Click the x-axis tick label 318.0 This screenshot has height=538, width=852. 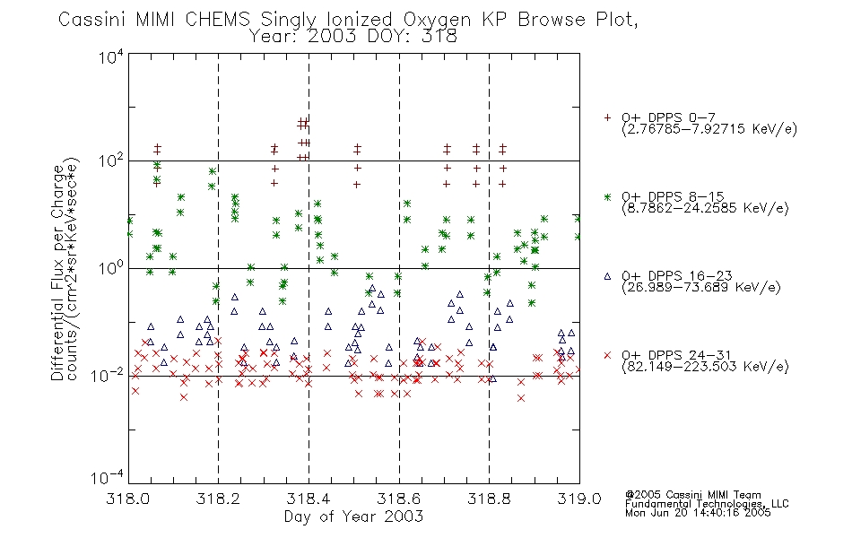tap(128, 499)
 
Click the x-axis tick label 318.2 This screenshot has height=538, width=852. tap(218, 499)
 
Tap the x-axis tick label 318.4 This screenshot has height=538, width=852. tap(309, 499)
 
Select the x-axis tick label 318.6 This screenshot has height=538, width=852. tap(399, 499)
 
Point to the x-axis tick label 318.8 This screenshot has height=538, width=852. tap(489, 499)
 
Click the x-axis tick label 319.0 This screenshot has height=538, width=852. tap(579, 499)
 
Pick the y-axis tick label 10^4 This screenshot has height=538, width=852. tap(111, 56)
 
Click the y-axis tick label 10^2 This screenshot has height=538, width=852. tap(111, 162)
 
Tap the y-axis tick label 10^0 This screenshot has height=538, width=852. tap(111, 269)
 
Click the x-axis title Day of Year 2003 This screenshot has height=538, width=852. tap(353, 516)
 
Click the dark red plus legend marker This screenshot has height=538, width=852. tap(607, 117)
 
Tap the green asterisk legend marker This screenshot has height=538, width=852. tap(607, 197)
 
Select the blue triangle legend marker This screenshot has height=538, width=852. tap(607, 276)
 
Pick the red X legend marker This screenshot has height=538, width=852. tap(607, 355)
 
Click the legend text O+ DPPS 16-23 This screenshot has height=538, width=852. tap(677, 275)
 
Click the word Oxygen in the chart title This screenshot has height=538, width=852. tap(438, 20)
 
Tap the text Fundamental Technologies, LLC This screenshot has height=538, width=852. tap(707, 504)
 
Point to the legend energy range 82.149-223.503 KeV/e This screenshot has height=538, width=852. tap(705, 367)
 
